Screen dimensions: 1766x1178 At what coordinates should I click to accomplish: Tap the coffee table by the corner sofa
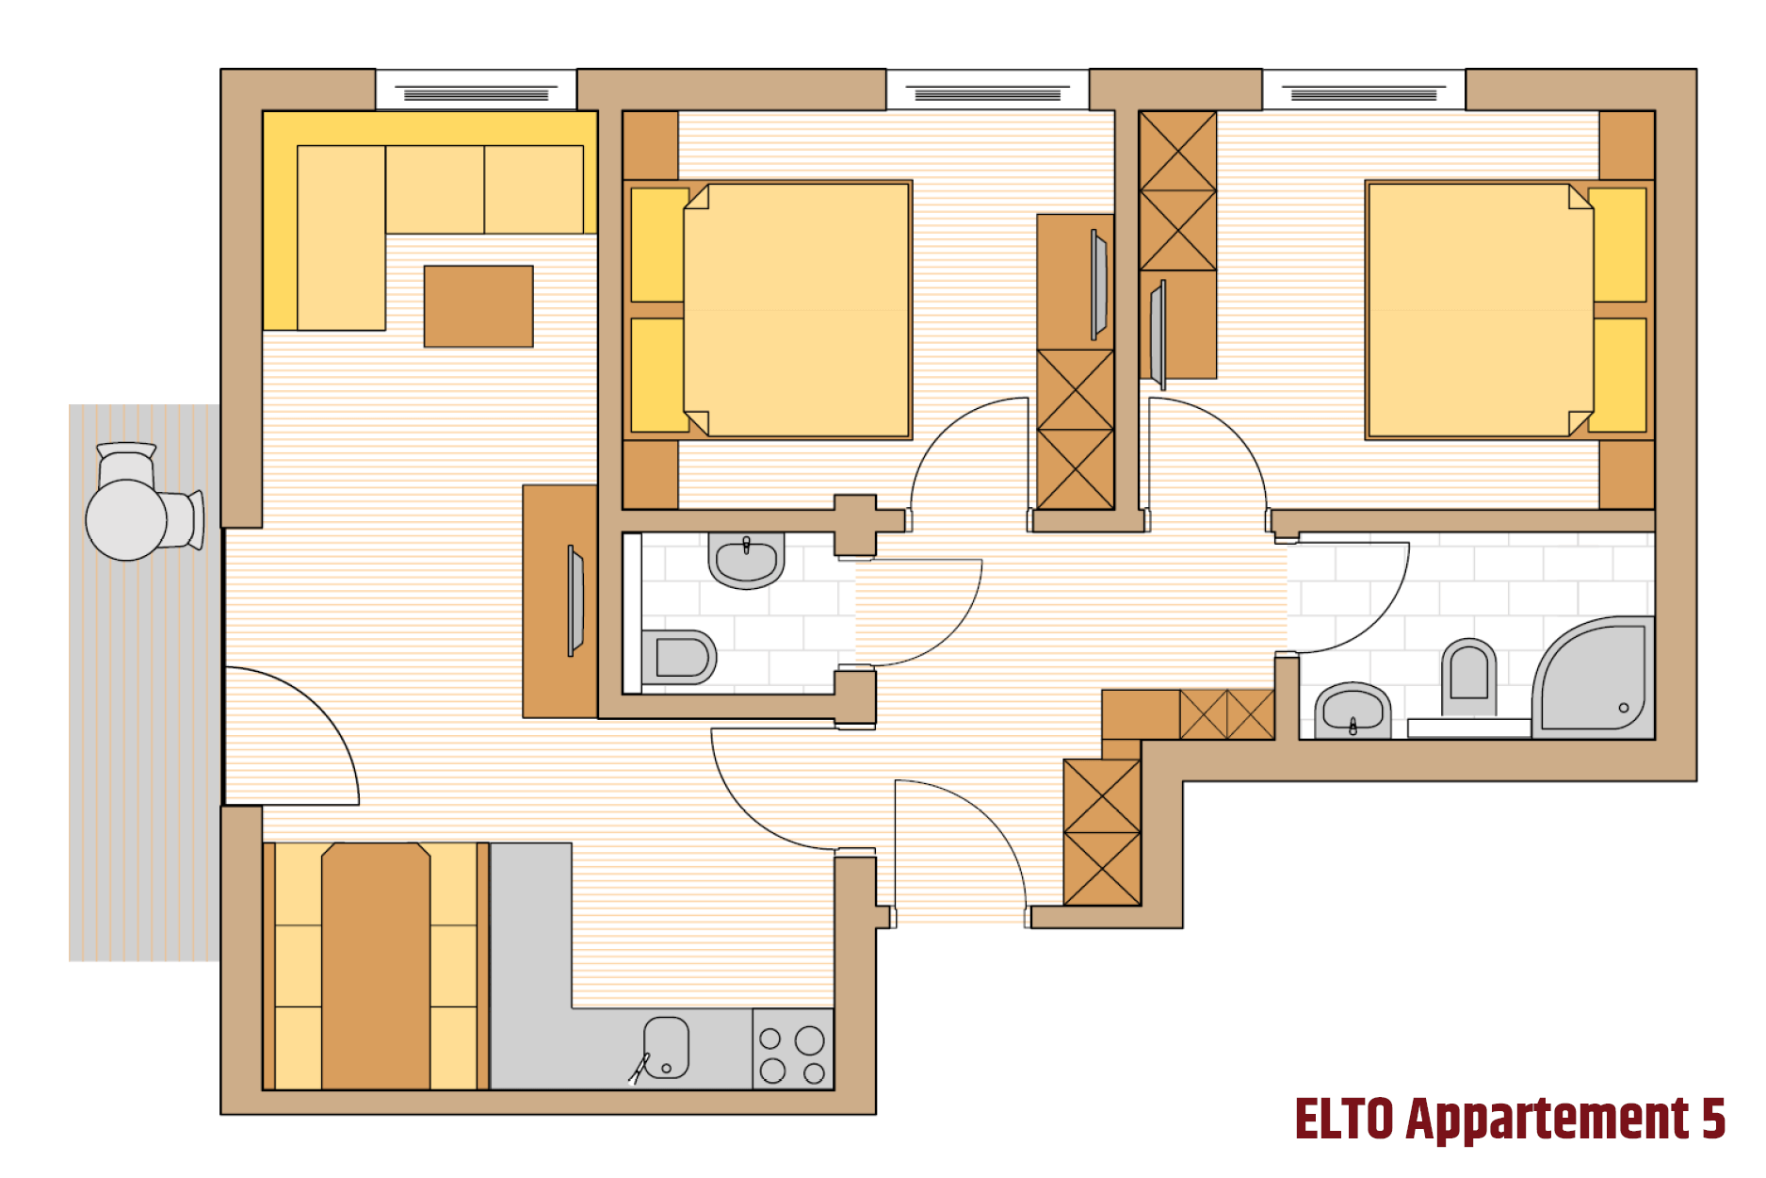coord(478,306)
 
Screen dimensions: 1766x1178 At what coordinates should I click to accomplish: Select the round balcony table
coord(126,520)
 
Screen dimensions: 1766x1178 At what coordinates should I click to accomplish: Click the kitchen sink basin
coord(666,1047)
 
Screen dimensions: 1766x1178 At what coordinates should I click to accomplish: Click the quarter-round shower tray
coord(1594,677)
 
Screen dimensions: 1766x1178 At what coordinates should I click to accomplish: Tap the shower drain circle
coord(1624,708)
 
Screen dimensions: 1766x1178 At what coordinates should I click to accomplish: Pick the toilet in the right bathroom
coord(1468,677)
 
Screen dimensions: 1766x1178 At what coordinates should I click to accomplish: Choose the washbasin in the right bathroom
coord(1353,711)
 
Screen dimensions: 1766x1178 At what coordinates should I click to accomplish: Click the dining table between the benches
coord(376,966)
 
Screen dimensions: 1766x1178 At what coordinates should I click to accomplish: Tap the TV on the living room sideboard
coord(575,600)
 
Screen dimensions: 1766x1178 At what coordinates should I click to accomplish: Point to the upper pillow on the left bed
coord(658,245)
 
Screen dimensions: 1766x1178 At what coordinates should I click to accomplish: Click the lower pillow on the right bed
coord(1619,375)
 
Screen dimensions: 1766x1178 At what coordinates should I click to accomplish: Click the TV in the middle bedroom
coord(1099,285)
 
